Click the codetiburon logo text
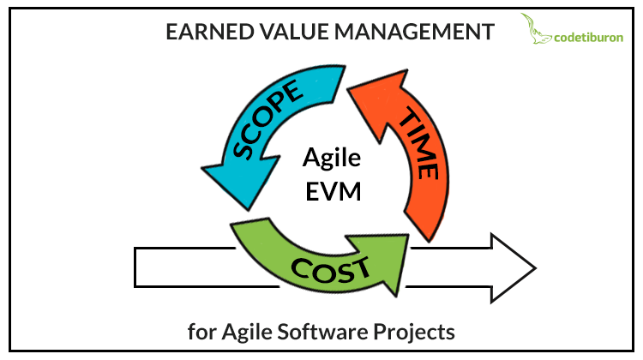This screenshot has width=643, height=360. pos(588,38)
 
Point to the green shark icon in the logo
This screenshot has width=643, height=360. pos(535,28)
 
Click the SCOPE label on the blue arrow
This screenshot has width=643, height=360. pos(267,119)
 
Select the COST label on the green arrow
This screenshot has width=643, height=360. pos(330,270)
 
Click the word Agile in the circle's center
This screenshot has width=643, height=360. pos(332,159)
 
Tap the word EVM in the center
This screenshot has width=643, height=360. pos(333,191)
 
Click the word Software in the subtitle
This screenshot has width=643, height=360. pos(322,332)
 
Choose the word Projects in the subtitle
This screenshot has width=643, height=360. pos(414,332)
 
